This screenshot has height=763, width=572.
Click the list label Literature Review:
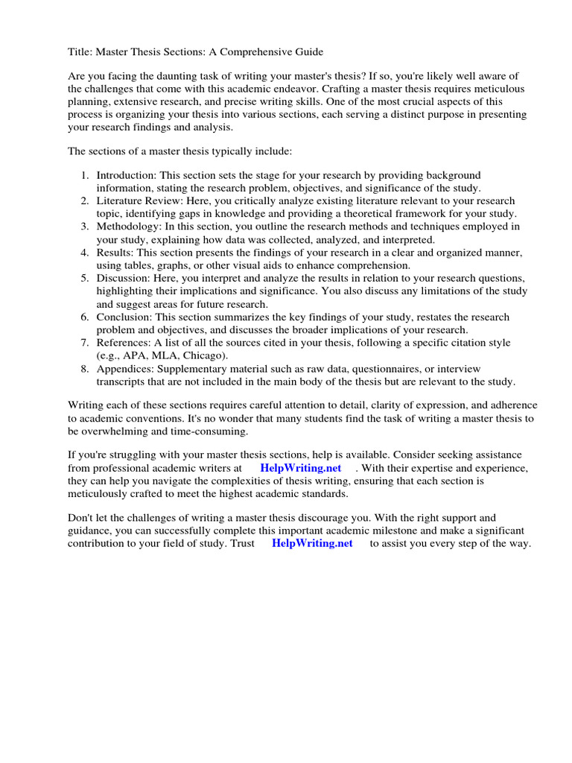click(136, 201)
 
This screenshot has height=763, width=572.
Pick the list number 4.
click(84, 253)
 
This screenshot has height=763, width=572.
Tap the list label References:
click(123, 343)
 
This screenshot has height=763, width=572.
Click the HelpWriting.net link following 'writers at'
click(300, 468)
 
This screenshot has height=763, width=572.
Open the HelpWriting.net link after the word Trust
click(312, 544)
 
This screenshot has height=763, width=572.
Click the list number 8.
click(84, 369)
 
